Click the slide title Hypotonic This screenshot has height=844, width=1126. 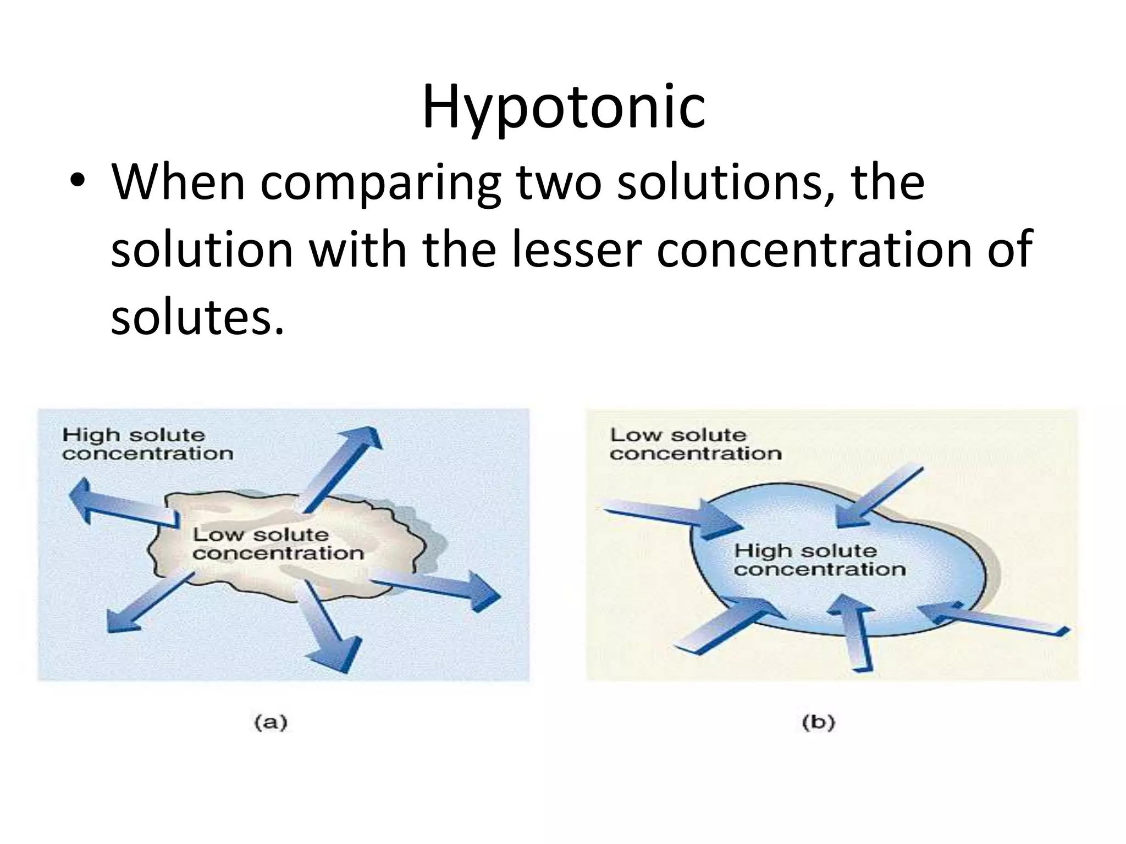click(563, 107)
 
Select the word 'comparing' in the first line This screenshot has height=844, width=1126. click(380, 184)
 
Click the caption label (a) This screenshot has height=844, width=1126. click(271, 722)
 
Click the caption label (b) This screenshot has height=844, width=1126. click(818, 722)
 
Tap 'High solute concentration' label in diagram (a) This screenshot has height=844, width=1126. click(147, 444)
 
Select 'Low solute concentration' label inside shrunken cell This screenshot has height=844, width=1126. click(278, 544)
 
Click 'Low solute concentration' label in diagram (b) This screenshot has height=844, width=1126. click(695, 444)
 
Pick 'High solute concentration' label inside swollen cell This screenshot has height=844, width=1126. click(819, 560)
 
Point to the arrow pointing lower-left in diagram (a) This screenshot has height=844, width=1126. click(146, 604)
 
